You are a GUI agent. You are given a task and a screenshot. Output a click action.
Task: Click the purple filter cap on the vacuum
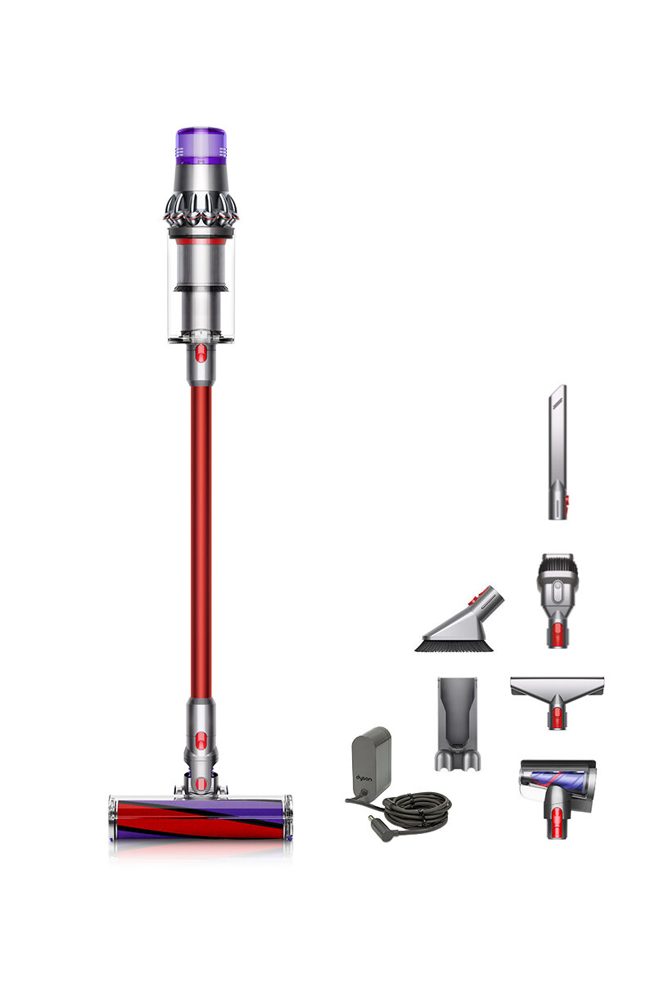(201, 141)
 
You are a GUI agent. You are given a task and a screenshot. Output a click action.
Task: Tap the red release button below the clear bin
(201, 354)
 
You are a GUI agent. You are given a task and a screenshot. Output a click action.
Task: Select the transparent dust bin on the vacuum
(201, 287)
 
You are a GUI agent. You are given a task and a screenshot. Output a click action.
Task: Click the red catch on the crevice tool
(558, 498)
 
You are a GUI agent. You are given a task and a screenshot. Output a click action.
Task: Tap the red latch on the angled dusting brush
(488, 595)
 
